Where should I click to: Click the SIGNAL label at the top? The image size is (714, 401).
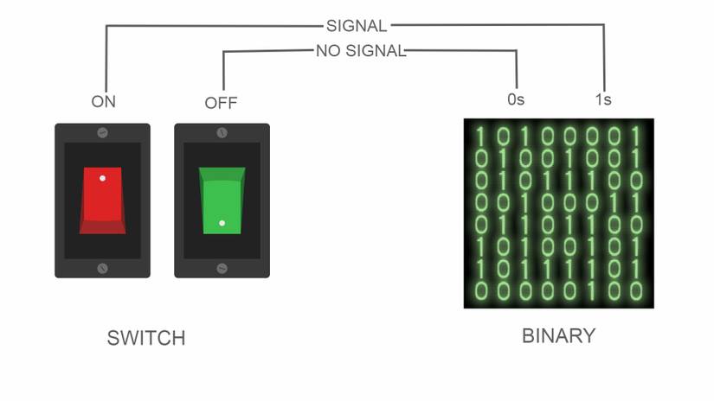pyautogui.click(x=357, y=26)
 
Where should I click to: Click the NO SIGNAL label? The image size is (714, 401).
pyautogui.click(x=360, y=51)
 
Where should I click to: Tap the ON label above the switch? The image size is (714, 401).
pyautogui.click(x=103, y=101)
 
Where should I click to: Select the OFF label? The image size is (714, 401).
pyautogui.click(x=221, y=103)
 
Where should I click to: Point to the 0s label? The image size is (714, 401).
pyautogui.click(x=516, y=99)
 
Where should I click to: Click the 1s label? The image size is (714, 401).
pyautogui.click(x=603, y=99)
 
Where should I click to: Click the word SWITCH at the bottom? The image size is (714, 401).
pyautogui.click(x=146, y=338)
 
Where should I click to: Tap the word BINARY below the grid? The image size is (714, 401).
pyautogui.click(x=559, y=335)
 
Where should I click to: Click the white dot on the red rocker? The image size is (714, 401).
pyautogui.click(x=102, y=178)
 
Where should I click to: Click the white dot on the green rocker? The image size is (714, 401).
pyautogui.click(x=222, y=224)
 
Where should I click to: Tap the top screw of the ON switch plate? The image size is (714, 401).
pyautogui.click(x=102, y=133)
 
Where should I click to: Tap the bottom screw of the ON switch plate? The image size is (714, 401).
pyautogui.click(x=102, y=268)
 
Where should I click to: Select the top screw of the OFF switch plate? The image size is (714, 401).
pyautogui.click(x=222, y=133)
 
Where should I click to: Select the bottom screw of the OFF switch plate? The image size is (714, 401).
pyautogui.click(x=222, y=268)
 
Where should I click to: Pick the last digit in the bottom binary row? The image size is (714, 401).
pyautogui.click(x=637, y=289)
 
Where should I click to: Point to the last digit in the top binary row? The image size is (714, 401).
pyautogui.click(x=637, y=137)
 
